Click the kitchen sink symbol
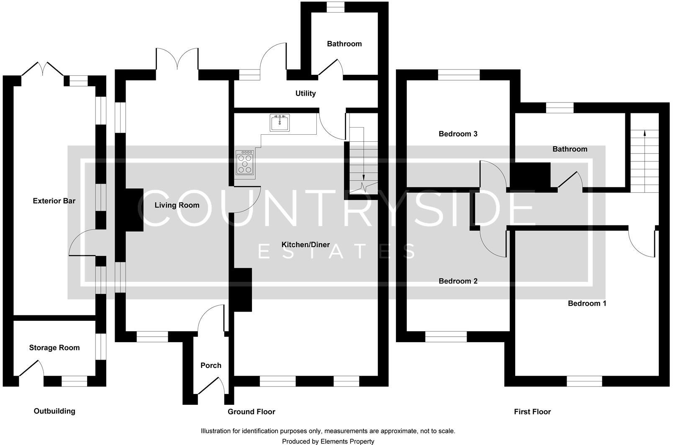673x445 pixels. [279, 123]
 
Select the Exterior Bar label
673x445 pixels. [54, 201]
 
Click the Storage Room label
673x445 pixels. [54, 348]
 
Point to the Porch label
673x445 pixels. [211, 366]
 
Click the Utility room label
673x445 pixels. [306, 94]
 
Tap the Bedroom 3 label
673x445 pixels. [458, 134]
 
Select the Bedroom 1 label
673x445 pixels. [587, 304]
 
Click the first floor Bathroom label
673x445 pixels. [570, 149]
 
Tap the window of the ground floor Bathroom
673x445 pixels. [335, 7]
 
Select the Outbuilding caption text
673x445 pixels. [54, 411]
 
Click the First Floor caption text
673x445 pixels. [532, 412]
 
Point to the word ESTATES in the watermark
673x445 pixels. [336, 252]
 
